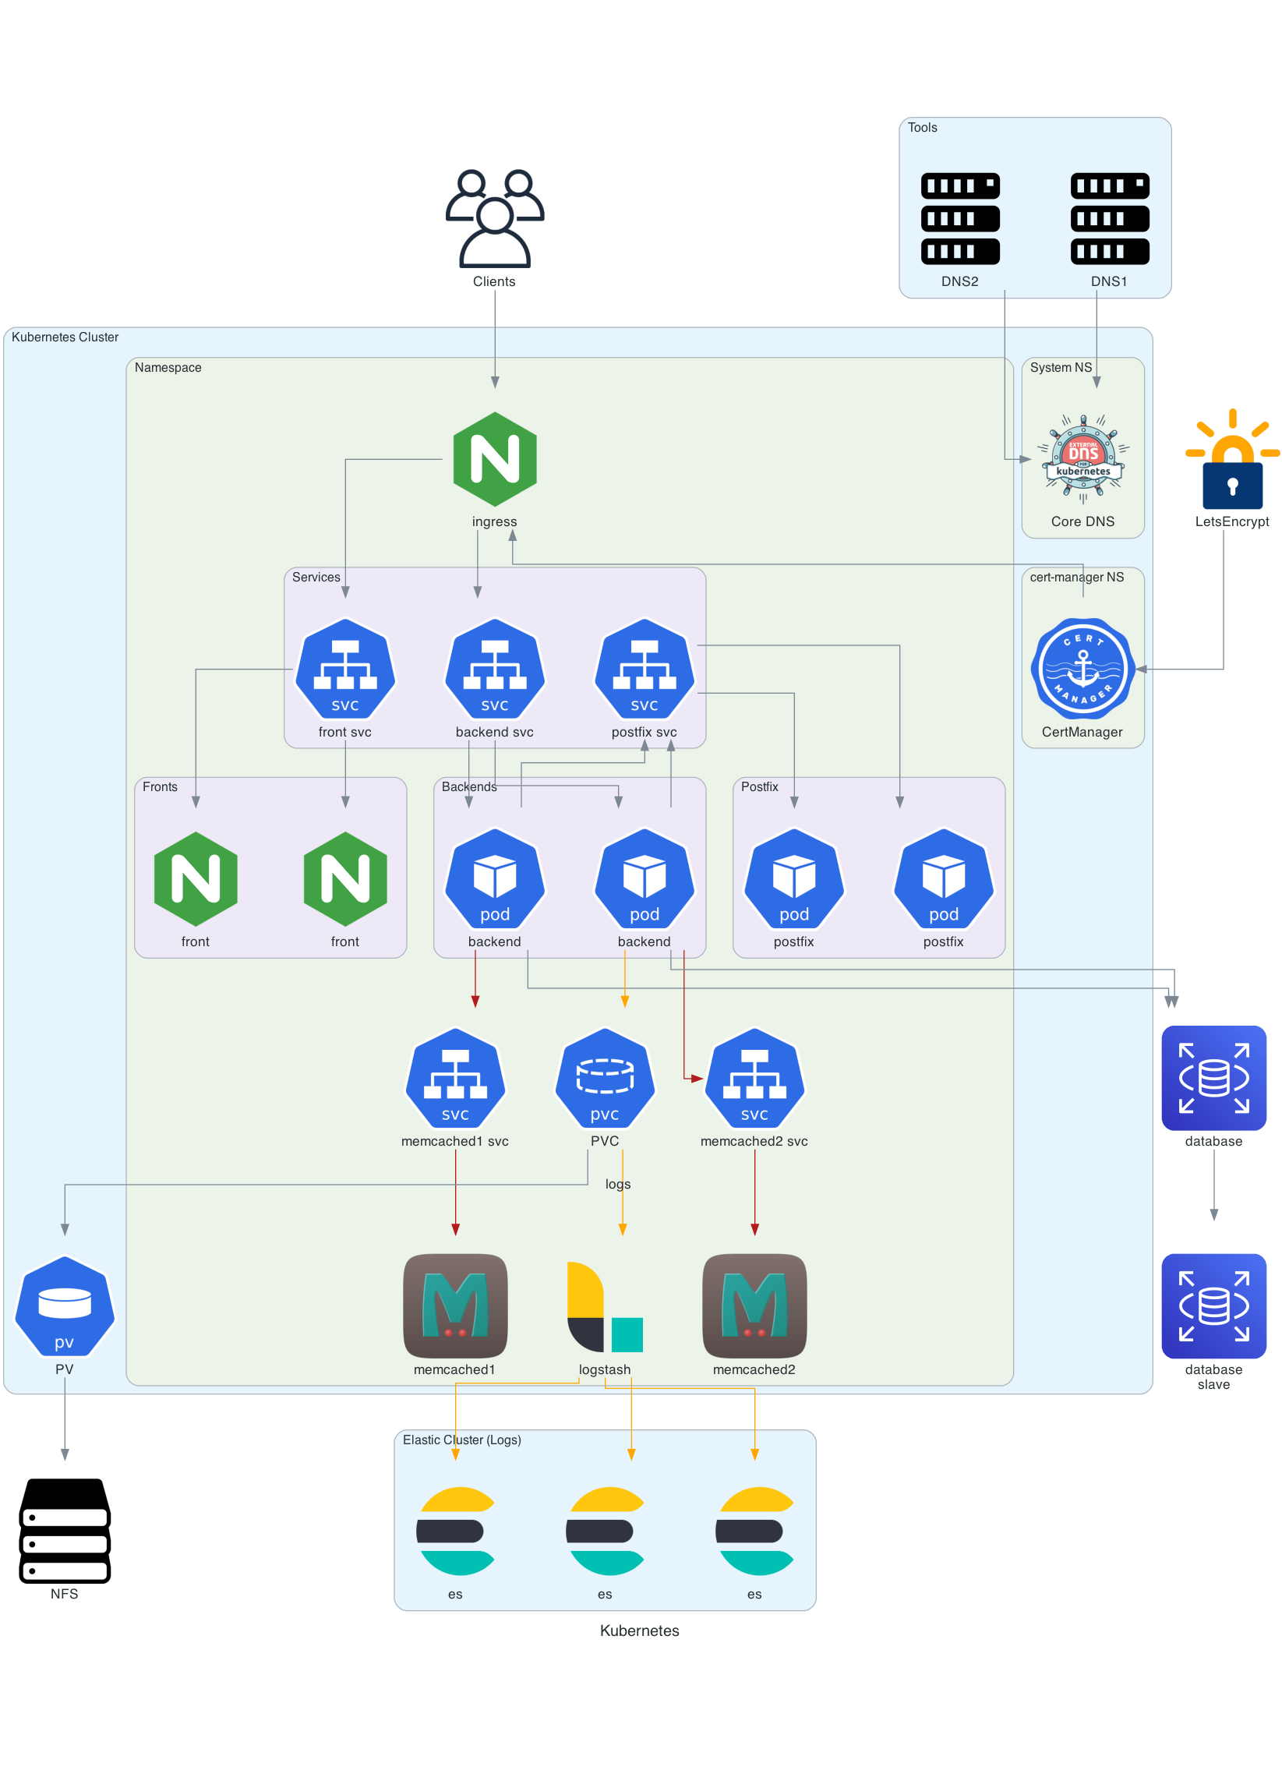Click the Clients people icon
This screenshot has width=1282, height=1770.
(494, 218)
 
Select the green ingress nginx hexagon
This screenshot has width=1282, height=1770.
(494, 459)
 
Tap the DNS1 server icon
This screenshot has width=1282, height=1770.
(1109, 218)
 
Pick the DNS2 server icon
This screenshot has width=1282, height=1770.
(959, 218)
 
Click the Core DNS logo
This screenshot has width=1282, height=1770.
(1082, 459)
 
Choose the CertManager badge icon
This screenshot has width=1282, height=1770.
(1082, 669)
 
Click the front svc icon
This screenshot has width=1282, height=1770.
(345, 669)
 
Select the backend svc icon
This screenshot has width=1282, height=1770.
(494, 669)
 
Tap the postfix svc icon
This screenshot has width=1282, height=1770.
(644, 669)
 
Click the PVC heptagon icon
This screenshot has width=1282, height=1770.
(605, 1078)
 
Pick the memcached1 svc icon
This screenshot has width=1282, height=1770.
(455, 1078)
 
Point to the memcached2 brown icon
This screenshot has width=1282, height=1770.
(754, 1305)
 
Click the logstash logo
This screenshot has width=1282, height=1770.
(605, 1306)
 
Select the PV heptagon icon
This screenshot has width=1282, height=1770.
(65, 1306)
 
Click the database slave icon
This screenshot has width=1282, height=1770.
(1213, 1305)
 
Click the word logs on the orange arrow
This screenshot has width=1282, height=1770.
(618, 1184)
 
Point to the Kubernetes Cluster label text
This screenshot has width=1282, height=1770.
(65, 337)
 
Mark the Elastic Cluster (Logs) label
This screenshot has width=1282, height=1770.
(461, 1440)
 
